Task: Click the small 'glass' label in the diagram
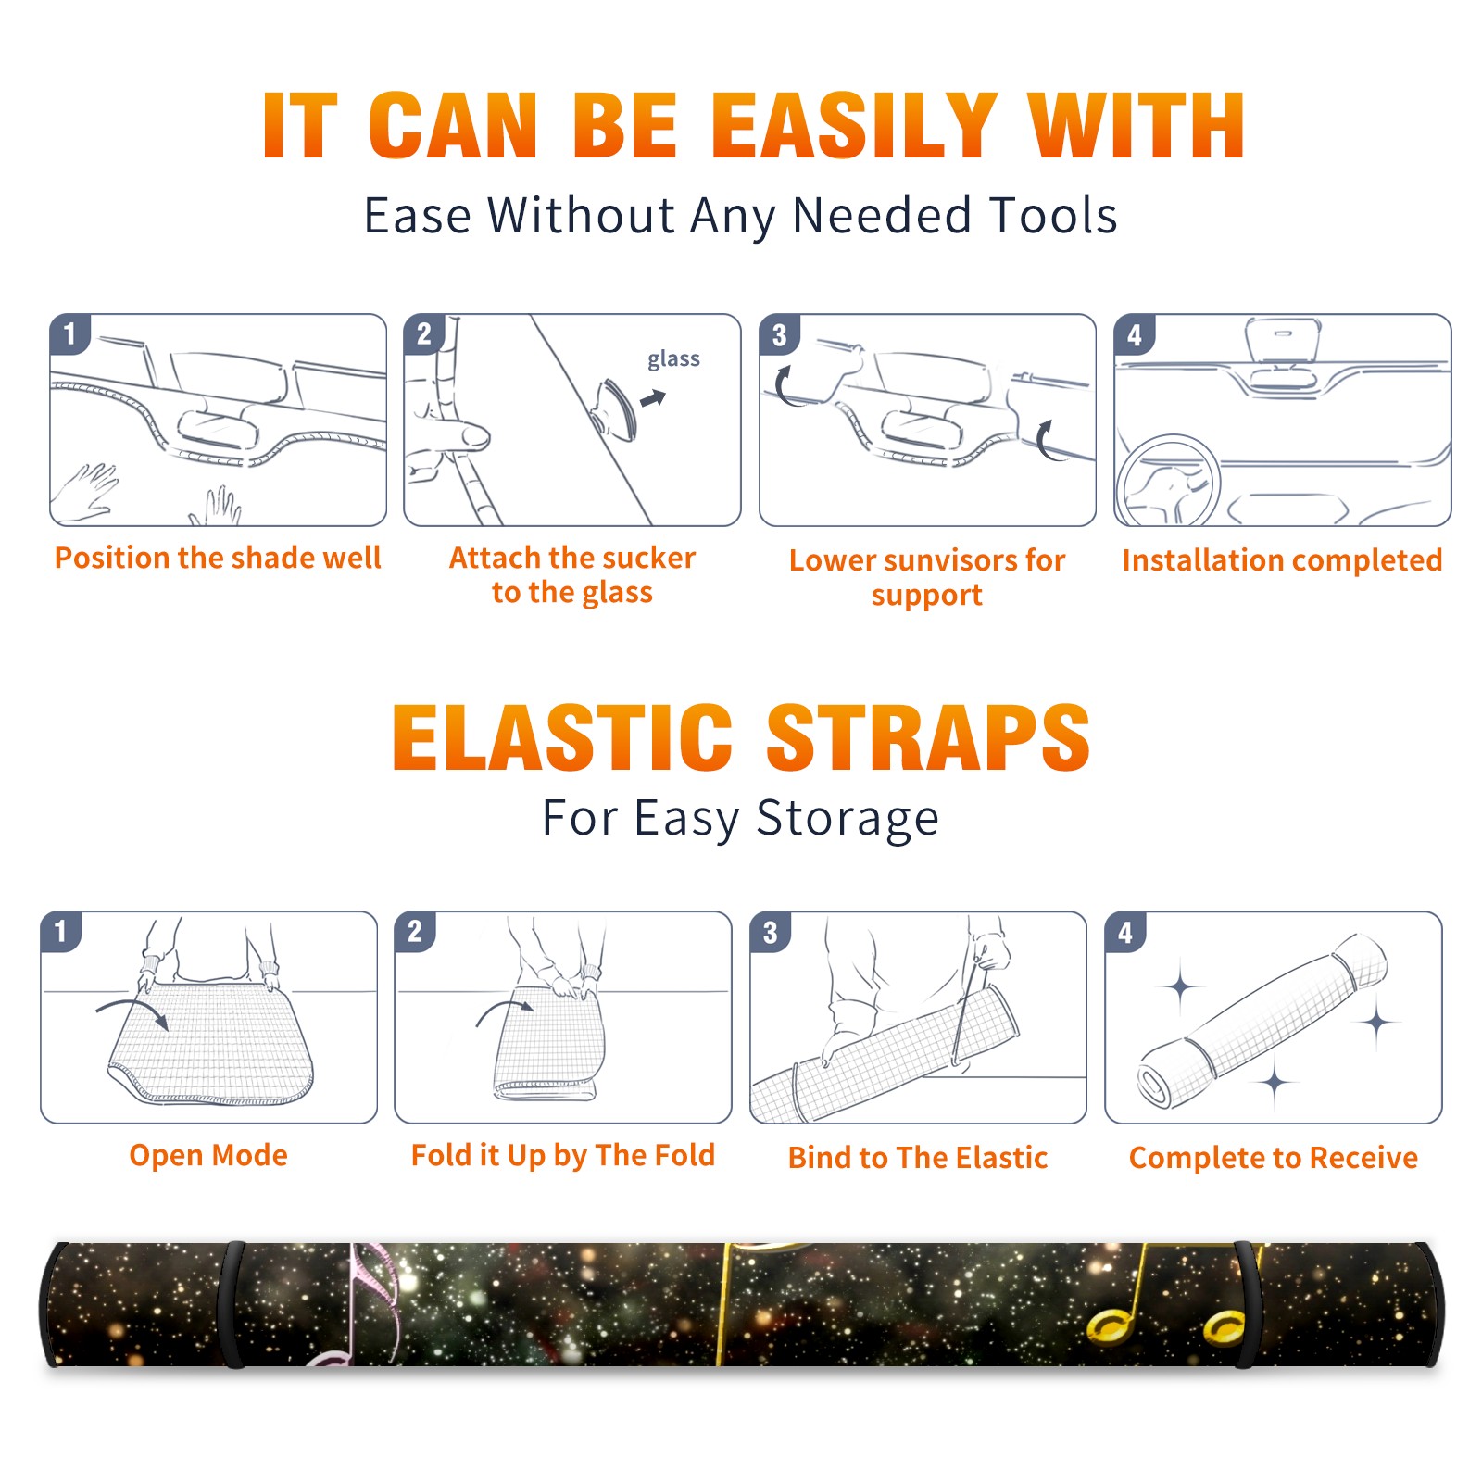[673, 359]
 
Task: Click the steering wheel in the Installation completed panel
[1168, 479]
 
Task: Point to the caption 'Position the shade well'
[218, 558]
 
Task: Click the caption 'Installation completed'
[1282, 559]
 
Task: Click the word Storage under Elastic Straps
[848, 819]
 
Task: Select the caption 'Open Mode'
[208, 1155]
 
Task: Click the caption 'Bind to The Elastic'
[918, 1157]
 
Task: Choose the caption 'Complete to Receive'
[1274, 1157]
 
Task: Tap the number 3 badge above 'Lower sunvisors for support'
[779, 335]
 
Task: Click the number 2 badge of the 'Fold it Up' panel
[414, 931]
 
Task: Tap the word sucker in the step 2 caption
[647, 558]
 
